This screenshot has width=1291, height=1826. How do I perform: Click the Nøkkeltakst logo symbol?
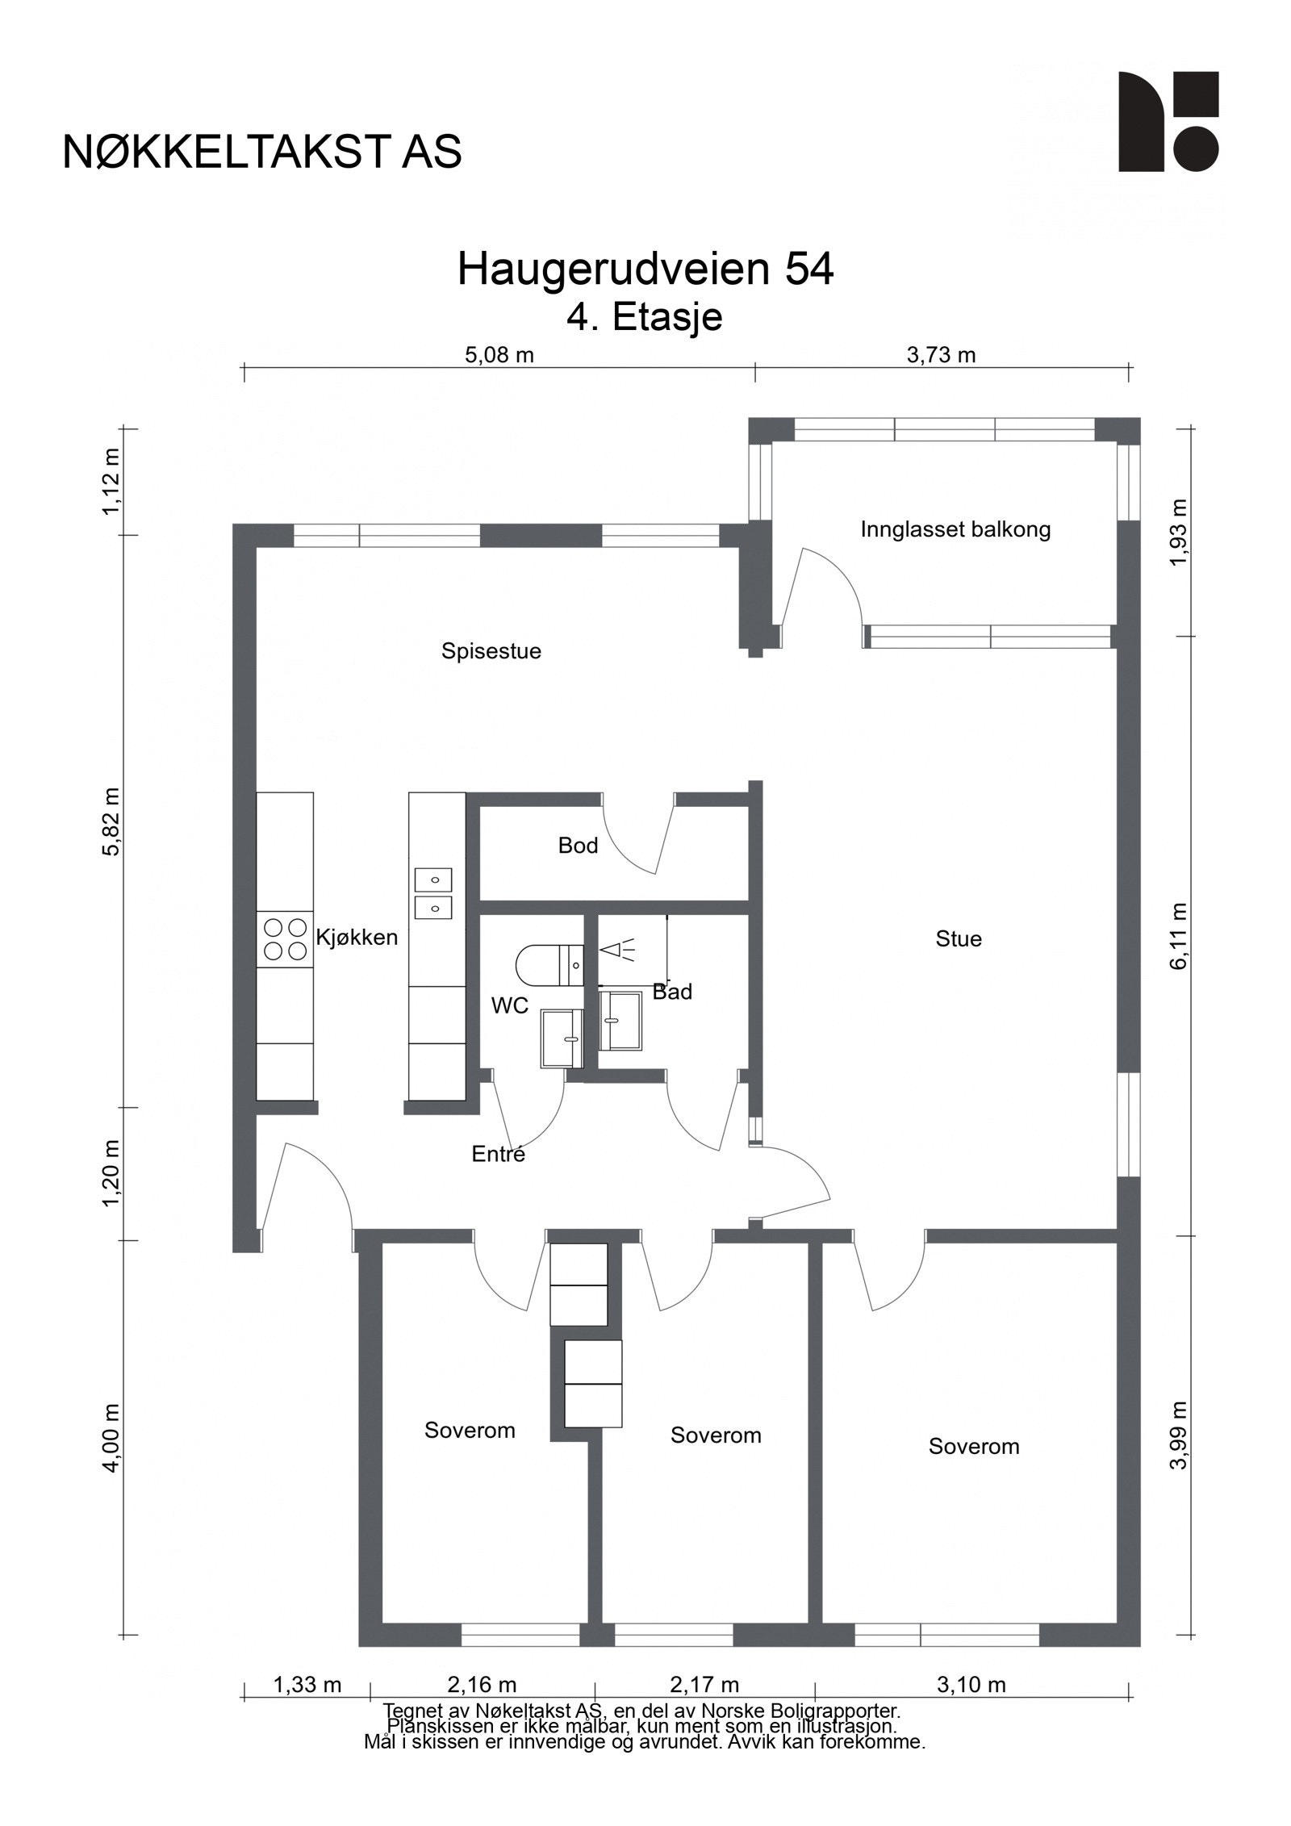(1168, 121)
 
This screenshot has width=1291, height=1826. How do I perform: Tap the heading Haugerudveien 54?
(645, 270)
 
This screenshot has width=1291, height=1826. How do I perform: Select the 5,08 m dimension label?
(499, 355)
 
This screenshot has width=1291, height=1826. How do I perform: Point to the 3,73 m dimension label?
(942, 355)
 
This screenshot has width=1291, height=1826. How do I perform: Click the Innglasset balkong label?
(955, 530)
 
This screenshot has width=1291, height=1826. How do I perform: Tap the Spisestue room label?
(491, 651)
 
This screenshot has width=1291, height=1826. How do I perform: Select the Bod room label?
(578, 846)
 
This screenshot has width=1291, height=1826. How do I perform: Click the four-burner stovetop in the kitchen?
(285, 939)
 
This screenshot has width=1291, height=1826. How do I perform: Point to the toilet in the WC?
(549, 965)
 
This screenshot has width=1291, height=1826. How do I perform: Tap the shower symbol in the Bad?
(617, 950)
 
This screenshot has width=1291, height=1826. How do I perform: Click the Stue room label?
(959, 938)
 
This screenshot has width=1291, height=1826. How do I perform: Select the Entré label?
(499, 1155)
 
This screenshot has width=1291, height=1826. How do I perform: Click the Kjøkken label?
(357, 938)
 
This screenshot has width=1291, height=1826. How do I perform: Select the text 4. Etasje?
(645, 317)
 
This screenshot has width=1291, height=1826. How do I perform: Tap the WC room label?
(510, 1005)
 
